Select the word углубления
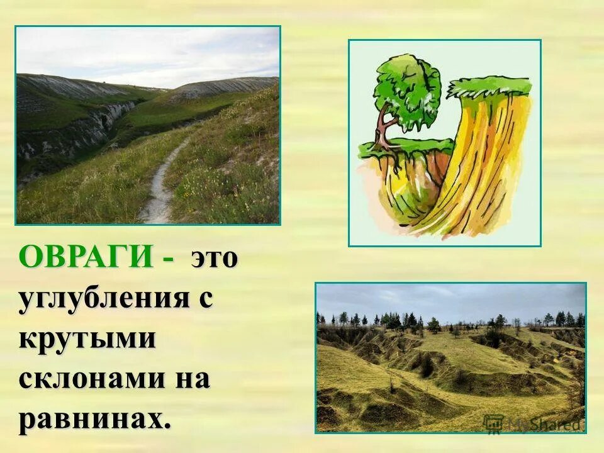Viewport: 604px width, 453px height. coord(104,298)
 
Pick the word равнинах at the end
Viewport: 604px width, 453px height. coord(92,420)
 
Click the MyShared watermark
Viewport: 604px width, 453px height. coord(535,423)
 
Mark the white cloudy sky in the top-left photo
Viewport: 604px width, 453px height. coord(145,53)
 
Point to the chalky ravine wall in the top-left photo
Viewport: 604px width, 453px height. coord(75,135)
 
